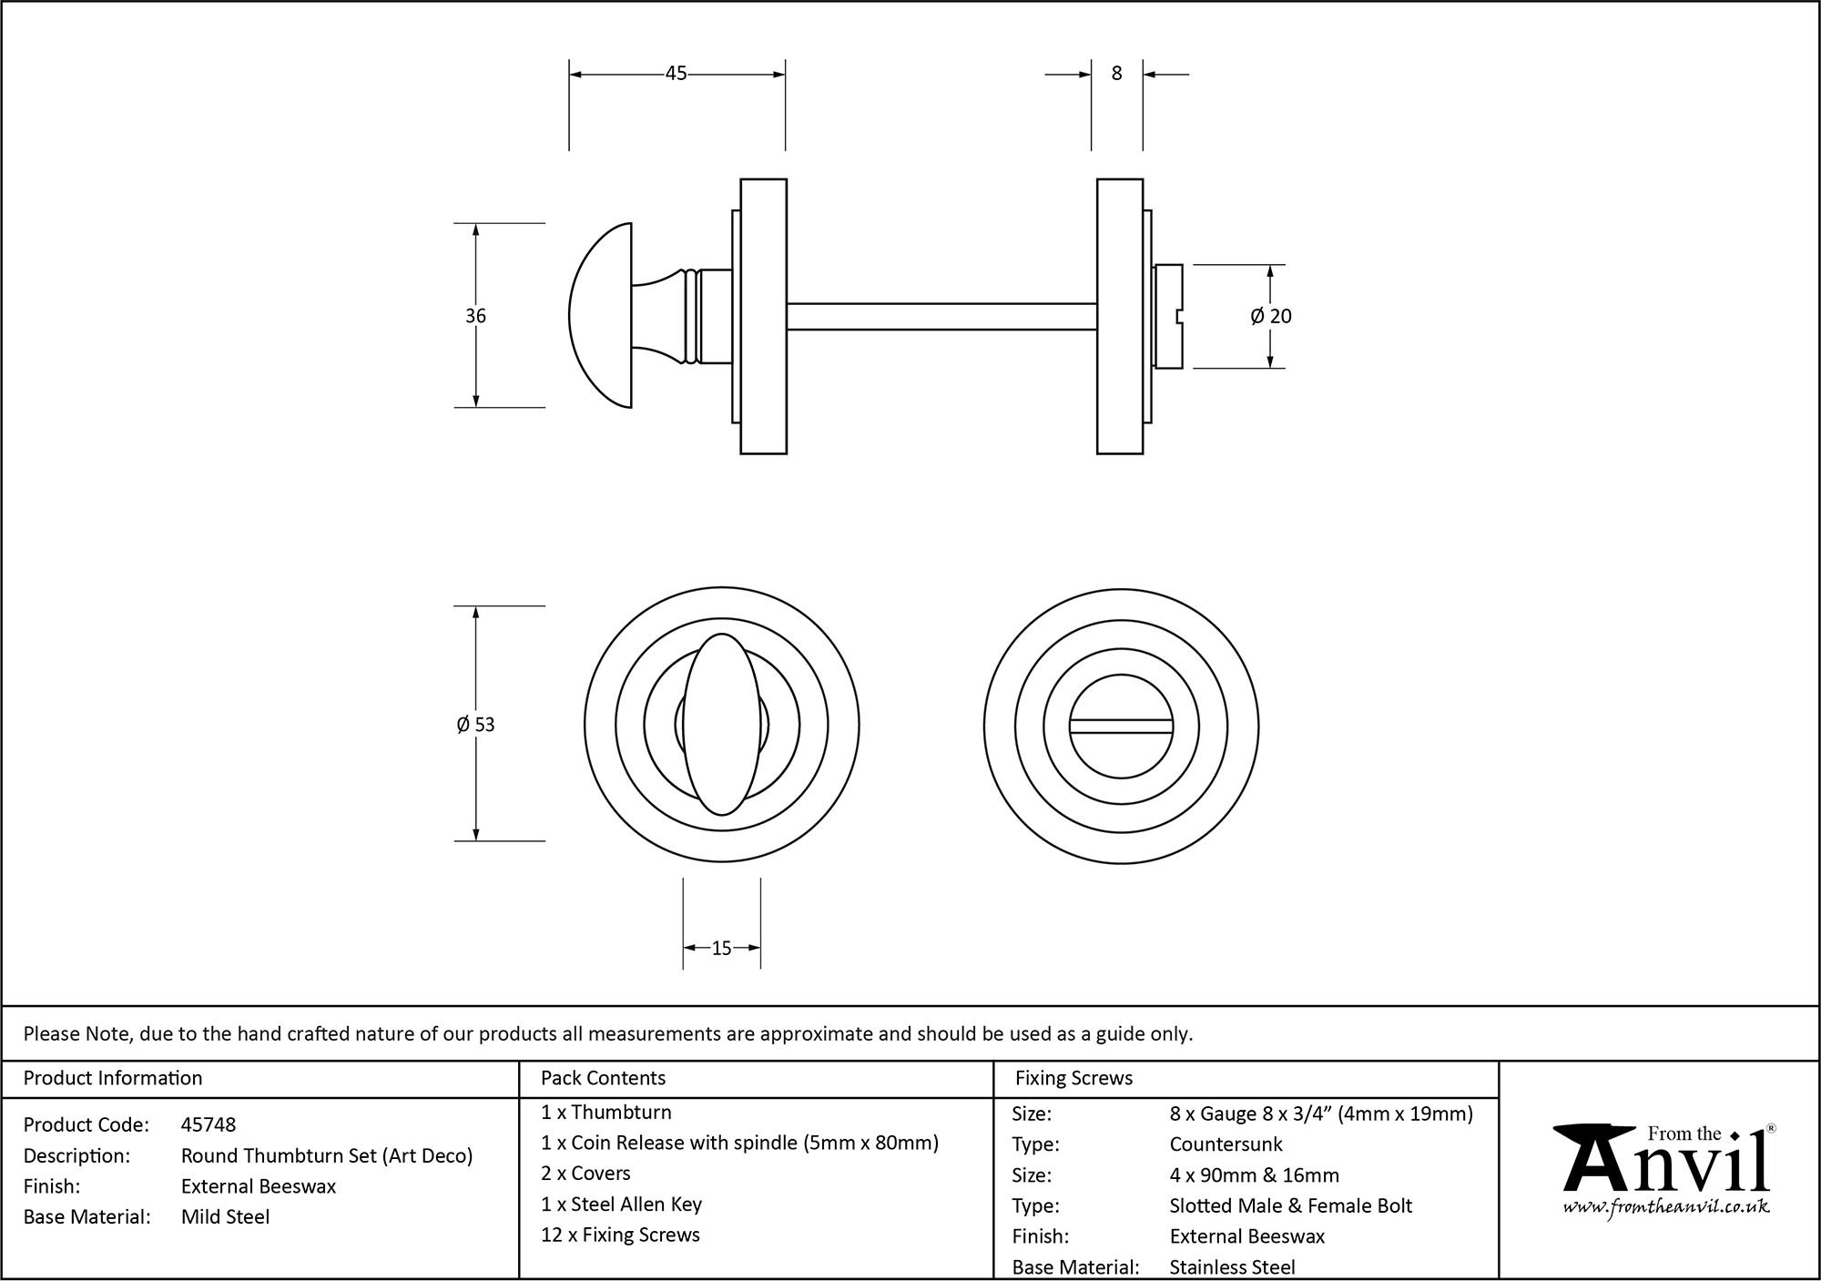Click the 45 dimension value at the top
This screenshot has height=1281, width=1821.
coord(676,74)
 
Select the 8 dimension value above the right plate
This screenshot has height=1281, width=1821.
coord(1117,74)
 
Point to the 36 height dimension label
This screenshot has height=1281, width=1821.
coord(475,316)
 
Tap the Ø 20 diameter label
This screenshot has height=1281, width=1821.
coord(1271,316)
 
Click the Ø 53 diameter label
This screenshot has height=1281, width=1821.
coord(475,725)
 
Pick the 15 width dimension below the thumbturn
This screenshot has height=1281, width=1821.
coord(721,949)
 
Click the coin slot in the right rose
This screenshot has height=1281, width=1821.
coord(1121,726)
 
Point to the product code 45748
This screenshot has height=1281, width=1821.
coord(209,1124)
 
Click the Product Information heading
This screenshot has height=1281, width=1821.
coord(113,1078)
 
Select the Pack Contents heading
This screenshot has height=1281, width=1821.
coord(603,1078)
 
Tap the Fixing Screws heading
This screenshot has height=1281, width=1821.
coord(1073,1078)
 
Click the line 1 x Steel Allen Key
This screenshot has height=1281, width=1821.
coord(621,1204)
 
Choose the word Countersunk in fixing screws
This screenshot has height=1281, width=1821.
coord(1226,1144)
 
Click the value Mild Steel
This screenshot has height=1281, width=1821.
coord(225,1216)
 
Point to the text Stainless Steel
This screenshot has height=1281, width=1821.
coord(1232,1266)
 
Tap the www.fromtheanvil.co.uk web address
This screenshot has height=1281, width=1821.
coord(1666,1207)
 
